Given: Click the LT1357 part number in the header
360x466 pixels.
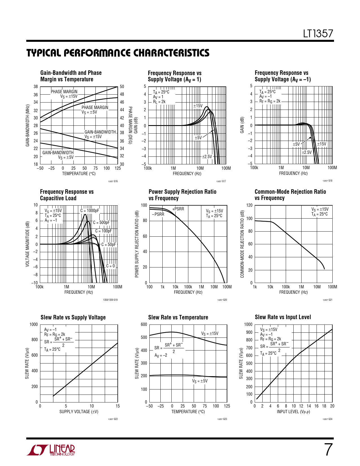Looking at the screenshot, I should coord(318,34).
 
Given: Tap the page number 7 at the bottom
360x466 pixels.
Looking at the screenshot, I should coord(328,450).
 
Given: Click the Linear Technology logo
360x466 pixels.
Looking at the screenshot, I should coord(51,450).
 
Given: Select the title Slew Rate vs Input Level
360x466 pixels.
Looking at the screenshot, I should coord(283,317).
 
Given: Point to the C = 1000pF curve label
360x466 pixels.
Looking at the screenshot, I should coord(90,211).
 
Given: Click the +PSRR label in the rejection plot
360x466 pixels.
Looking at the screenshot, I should coord(178,209).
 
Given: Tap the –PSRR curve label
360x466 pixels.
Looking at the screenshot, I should coord(158,214).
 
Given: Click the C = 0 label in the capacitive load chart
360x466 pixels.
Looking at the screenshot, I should coord(110,266).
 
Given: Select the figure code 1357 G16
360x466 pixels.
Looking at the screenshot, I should coord(113,181).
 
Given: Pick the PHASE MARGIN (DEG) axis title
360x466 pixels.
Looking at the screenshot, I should coord(130,125).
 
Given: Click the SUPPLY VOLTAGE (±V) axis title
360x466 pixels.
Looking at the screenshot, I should coord(79,412).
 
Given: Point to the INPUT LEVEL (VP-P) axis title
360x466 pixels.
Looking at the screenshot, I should coord(293,412).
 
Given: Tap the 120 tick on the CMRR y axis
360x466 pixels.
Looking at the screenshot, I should coord(249,205).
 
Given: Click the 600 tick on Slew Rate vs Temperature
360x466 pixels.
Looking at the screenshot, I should coord(144,325).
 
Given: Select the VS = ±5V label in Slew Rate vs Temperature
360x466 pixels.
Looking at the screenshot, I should coord(200,381).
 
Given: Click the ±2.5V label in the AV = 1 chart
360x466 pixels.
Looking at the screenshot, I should coord(207,156).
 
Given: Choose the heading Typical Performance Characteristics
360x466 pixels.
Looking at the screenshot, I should coord(118,53).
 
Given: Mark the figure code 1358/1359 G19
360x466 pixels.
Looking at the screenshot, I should coord(110,300).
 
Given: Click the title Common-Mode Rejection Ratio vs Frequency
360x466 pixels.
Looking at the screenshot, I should coord(290,195).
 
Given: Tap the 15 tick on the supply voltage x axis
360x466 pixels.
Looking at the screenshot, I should coord(117,406).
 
